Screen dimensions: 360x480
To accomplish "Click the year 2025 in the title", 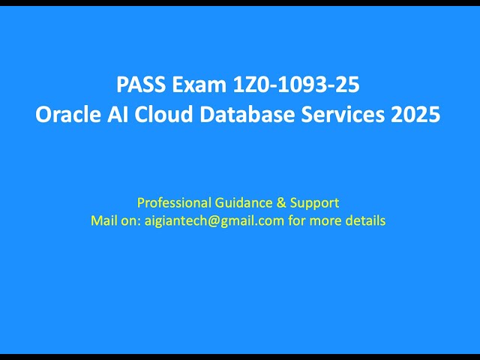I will (415, 117).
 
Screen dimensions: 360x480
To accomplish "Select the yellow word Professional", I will (172, 202).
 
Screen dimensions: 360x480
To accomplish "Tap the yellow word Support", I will (313, 202).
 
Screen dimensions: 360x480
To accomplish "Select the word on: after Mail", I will (132, 220).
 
